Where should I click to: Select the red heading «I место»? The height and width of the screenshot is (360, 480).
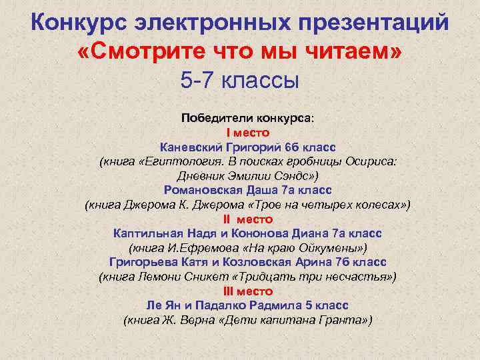(x=247, y=133)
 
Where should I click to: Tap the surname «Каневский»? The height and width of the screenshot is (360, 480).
(x=191, y=147)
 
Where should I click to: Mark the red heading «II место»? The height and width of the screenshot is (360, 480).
(x=247, y=219)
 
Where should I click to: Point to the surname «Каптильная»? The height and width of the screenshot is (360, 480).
(x=148, y=234)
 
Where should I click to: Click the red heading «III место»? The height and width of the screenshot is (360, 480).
(x=247, y=291)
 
